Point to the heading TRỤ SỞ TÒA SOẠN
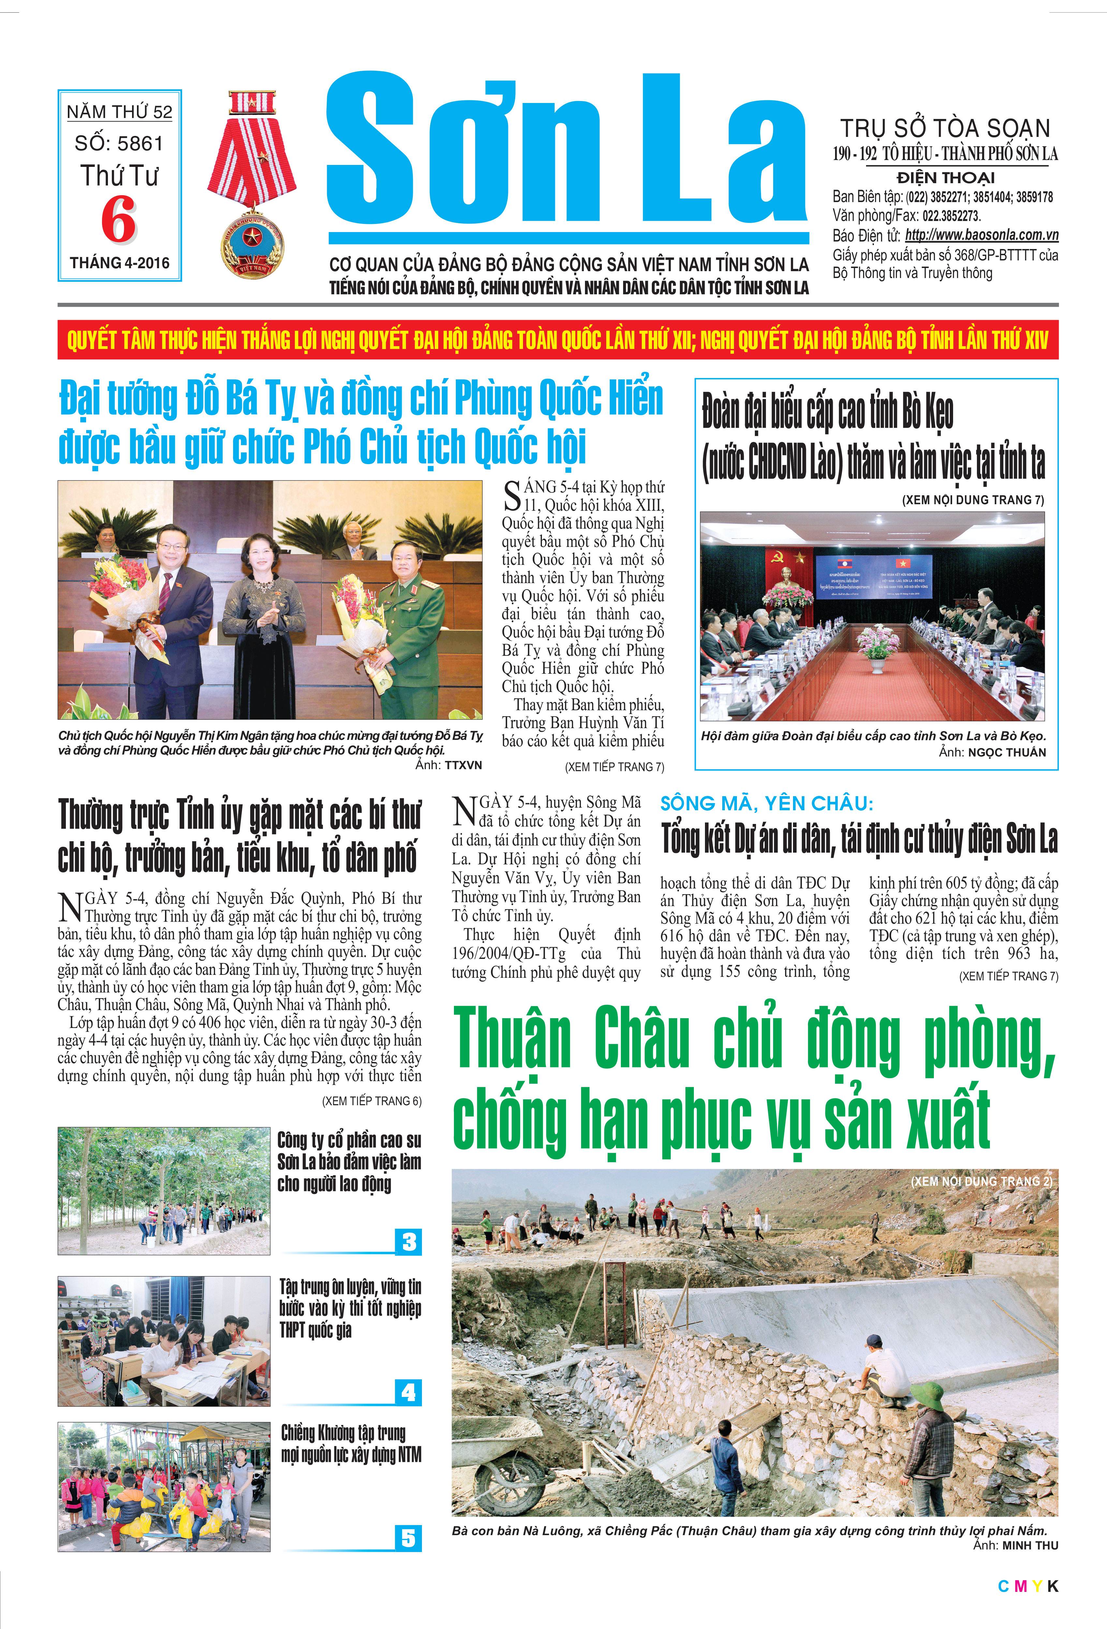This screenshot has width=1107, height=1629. [x=945, y=128]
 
